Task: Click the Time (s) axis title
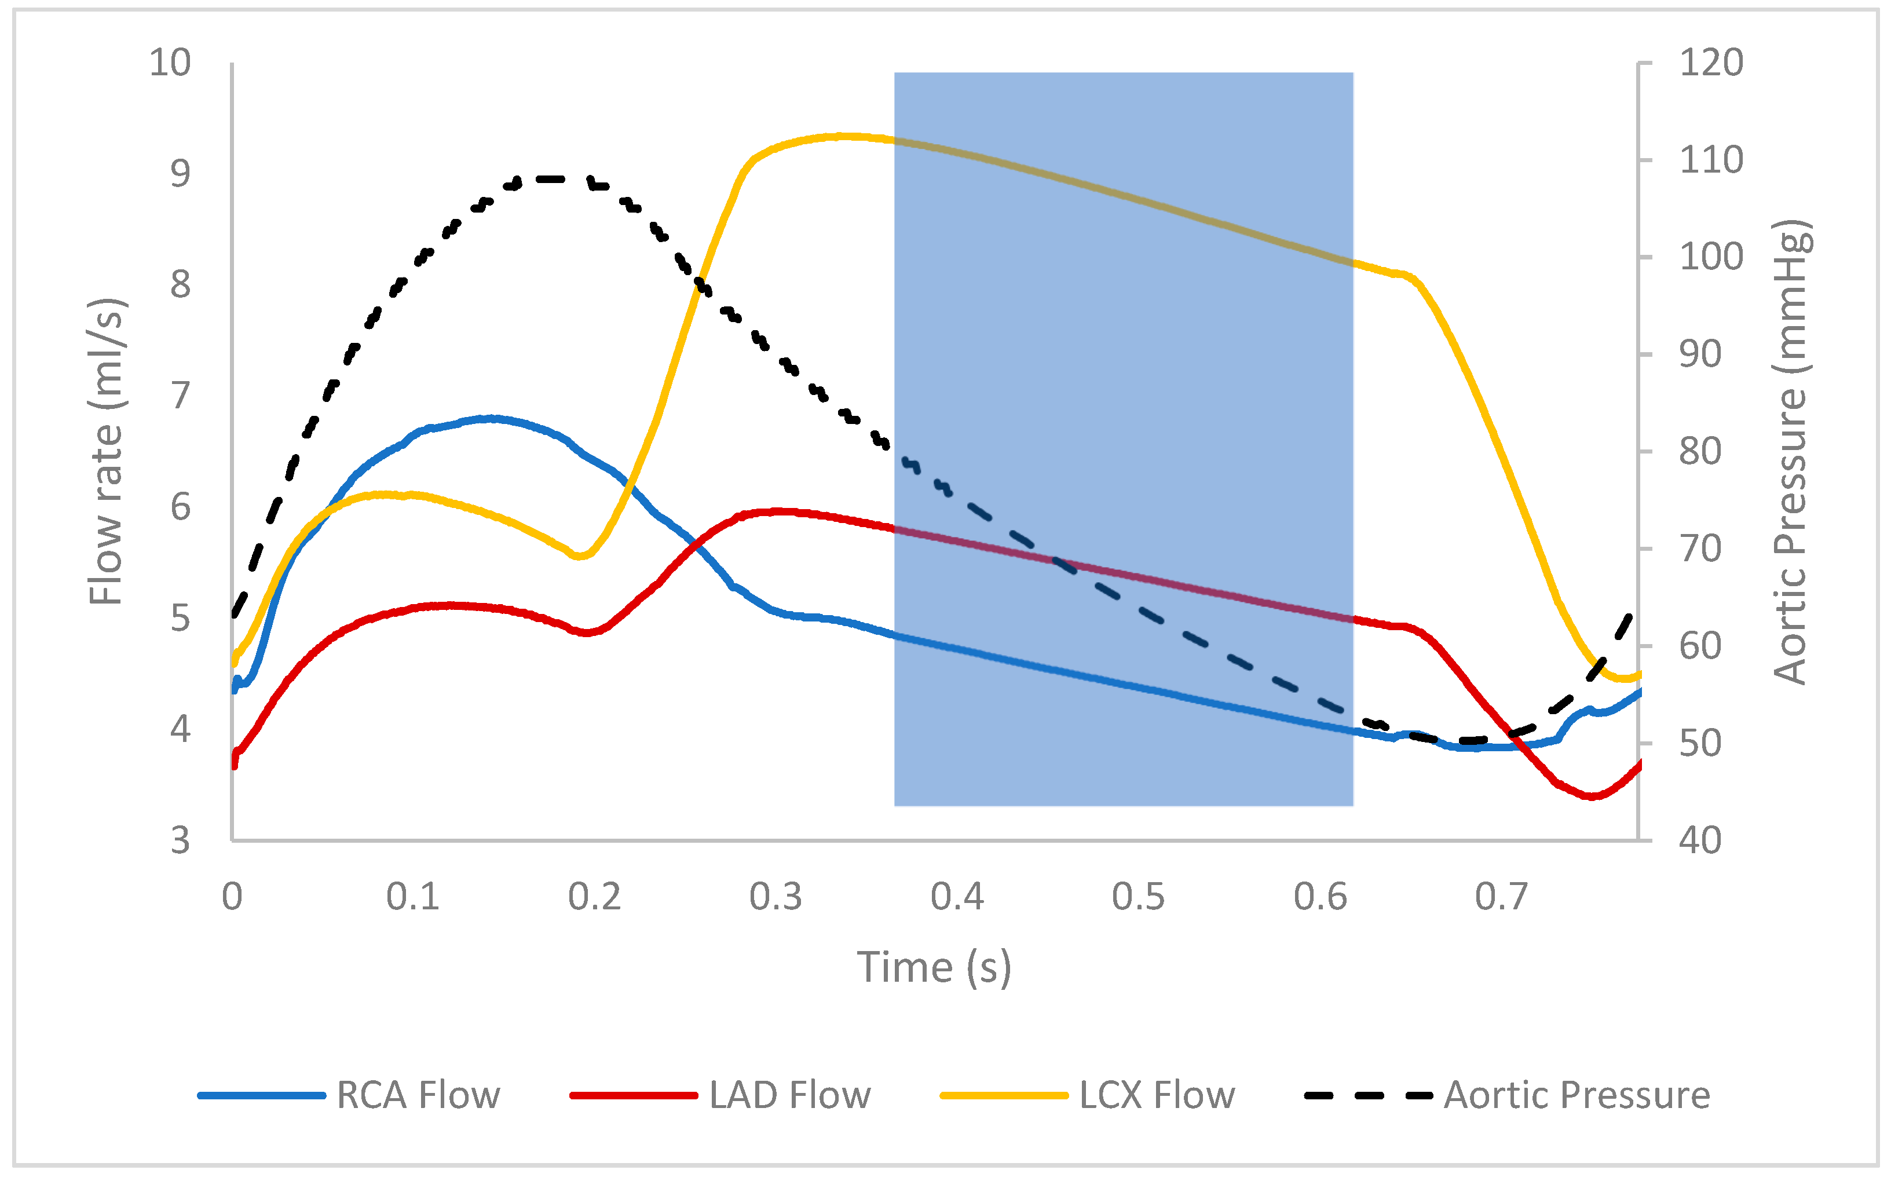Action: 934,967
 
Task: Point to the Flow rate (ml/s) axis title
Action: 106,451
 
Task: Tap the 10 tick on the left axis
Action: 170,63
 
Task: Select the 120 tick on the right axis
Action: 1710,63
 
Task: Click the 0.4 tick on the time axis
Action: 957,897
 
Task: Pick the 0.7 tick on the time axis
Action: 1501,897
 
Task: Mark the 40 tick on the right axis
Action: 1700,840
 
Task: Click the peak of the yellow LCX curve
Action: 840,136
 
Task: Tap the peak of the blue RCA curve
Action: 491,419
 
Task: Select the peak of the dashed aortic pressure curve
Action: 551,179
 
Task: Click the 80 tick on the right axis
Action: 1700,451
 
